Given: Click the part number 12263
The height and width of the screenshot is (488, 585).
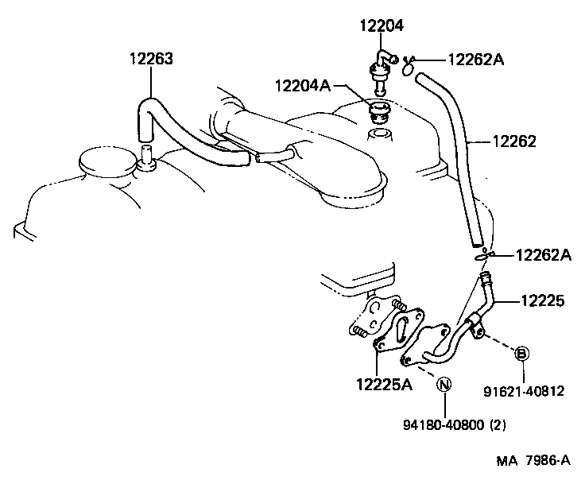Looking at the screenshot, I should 151,59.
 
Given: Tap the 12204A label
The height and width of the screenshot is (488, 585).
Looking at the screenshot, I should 302,85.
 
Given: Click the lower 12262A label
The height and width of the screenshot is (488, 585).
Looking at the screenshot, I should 544,255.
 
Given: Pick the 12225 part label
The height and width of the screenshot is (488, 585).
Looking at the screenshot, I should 543,300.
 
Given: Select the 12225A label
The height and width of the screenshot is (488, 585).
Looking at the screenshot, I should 384,385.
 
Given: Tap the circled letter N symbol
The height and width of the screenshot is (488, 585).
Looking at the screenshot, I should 444,385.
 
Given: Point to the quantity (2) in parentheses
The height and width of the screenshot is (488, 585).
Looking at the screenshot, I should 497,424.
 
